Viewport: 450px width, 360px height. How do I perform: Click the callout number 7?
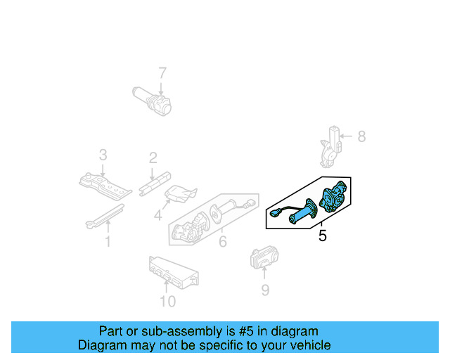point(162,72)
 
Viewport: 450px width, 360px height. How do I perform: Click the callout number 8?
point(361,136)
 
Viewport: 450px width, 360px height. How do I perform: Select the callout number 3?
point(103,155)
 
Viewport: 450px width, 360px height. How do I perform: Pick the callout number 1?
point(108,243)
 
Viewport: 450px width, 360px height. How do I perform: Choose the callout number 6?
point(223,243)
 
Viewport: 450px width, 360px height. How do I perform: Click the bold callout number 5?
point(322,236)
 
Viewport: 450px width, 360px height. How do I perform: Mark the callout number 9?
point(264,289)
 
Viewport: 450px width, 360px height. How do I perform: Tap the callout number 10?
point(167,302)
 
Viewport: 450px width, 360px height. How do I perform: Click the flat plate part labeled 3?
point(105,185)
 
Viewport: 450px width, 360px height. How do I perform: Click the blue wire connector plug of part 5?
point(274,212)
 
